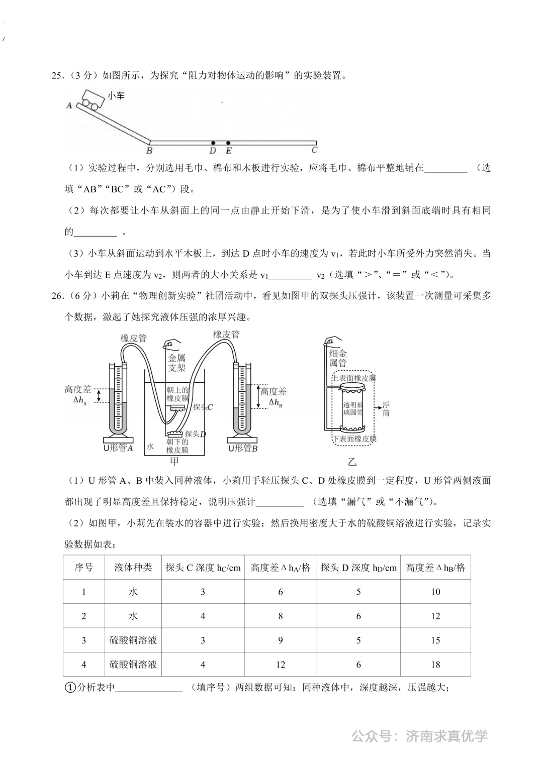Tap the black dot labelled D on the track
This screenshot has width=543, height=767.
pos(213,143)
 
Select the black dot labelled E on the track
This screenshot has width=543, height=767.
pos(228,143)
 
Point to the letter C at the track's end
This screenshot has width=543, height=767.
pos(314,150)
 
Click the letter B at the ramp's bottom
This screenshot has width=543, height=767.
pos(149,150)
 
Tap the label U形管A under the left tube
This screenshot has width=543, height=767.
pos(118,448)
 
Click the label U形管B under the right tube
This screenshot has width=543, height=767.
pos(243,448)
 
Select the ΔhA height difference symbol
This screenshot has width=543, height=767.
pos(80,400)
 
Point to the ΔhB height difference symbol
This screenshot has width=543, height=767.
pos(275,402)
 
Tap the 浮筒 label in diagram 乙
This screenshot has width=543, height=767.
pos(386,409)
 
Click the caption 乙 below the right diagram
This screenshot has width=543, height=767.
pos(352,461)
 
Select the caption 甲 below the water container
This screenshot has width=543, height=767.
pos(174,461)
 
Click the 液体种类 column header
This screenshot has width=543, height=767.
pos(133,568)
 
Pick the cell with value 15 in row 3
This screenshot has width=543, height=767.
pos(435,640)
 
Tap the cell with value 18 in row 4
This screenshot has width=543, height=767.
pos(435,665)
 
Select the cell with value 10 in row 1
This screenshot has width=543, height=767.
pos(435,592)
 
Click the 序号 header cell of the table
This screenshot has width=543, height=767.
pos(83,568)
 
